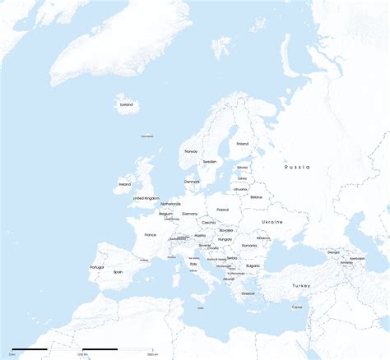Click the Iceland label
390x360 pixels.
pyautogui.click(x=126, y=104)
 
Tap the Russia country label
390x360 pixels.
pyautogui.click(x=297, y=167)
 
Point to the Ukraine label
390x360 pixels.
pyautogui.click(x=272, y=222)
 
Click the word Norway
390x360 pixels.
pyautogui.click(x=191, y=151)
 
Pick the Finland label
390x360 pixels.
pyautogui.click(x=242, y=144)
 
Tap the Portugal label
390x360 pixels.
pyautogui.click(x=96, y=267)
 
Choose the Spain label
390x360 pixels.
pyautogui.click(x=118, y=272)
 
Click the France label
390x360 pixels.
pyautogui.click(x=150, y=235)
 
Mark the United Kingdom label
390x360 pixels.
pyautogui.click(x=146, y=198)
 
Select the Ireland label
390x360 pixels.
pyautogui.click(x=125, y=184)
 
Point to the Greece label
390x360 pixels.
pyautogui.click(x=248, y=293)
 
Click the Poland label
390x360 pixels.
pyautogui.click(x=222, y=210)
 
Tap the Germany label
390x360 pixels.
pyautogui.click(x=190, y=214)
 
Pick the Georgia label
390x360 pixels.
pyautogui.click(x=333, y=252)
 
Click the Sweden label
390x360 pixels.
pyautogui.click(x=210, y=161)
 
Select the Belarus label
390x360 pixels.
pyautogui.click(x=256, y=197)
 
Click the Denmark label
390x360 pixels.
pyautogui.click(x=192, y=182)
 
